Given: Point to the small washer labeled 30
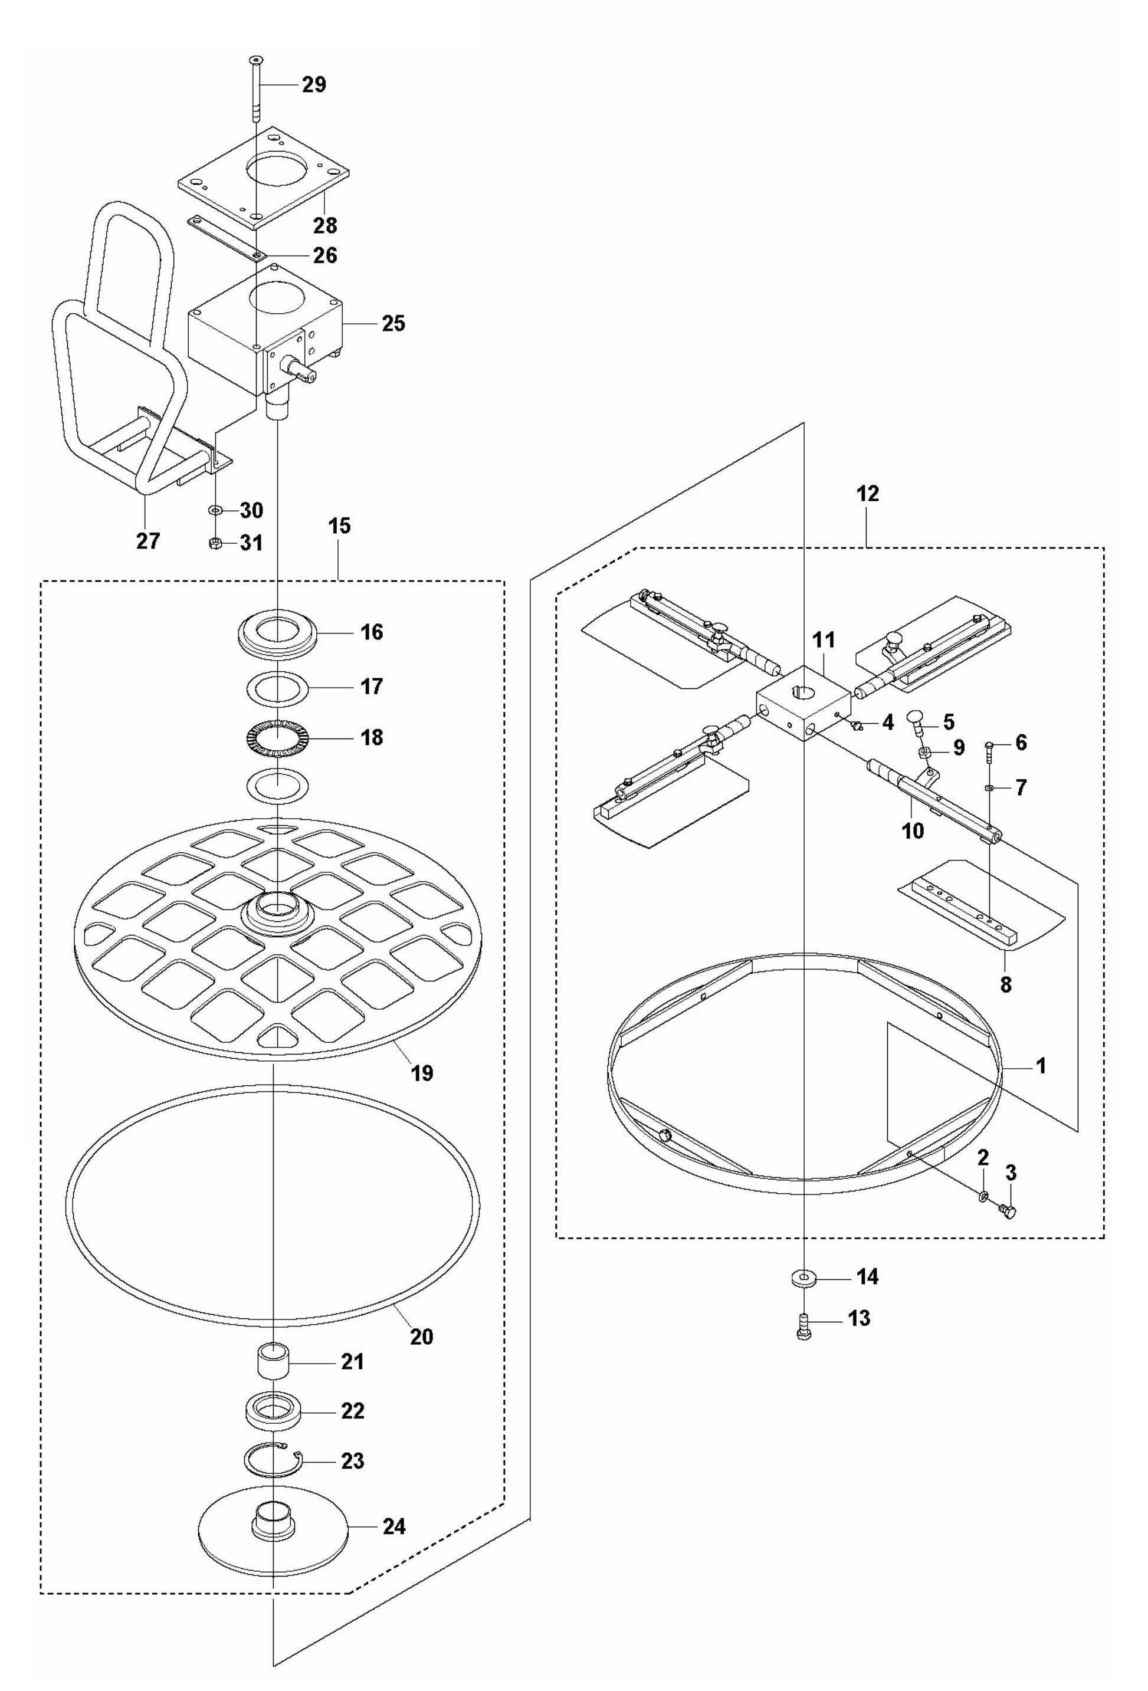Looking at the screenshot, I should [216, 511].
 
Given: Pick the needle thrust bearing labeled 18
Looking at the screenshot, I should [277, 738].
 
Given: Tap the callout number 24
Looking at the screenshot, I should [394, 1526].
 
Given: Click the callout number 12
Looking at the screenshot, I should [867, 494].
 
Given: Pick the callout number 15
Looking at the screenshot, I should [339, 526].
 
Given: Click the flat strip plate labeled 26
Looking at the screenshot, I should [226, 238].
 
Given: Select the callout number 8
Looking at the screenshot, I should [1005, 984].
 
